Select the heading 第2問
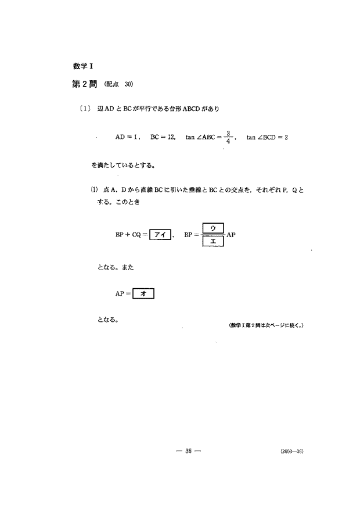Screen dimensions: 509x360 80,85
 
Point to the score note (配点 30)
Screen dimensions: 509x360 119,85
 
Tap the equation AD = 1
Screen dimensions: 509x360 128,138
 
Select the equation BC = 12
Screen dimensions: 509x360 163,138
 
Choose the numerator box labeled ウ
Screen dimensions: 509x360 213,227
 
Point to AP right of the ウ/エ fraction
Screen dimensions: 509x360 231,235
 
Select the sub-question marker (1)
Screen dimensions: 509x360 93,190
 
